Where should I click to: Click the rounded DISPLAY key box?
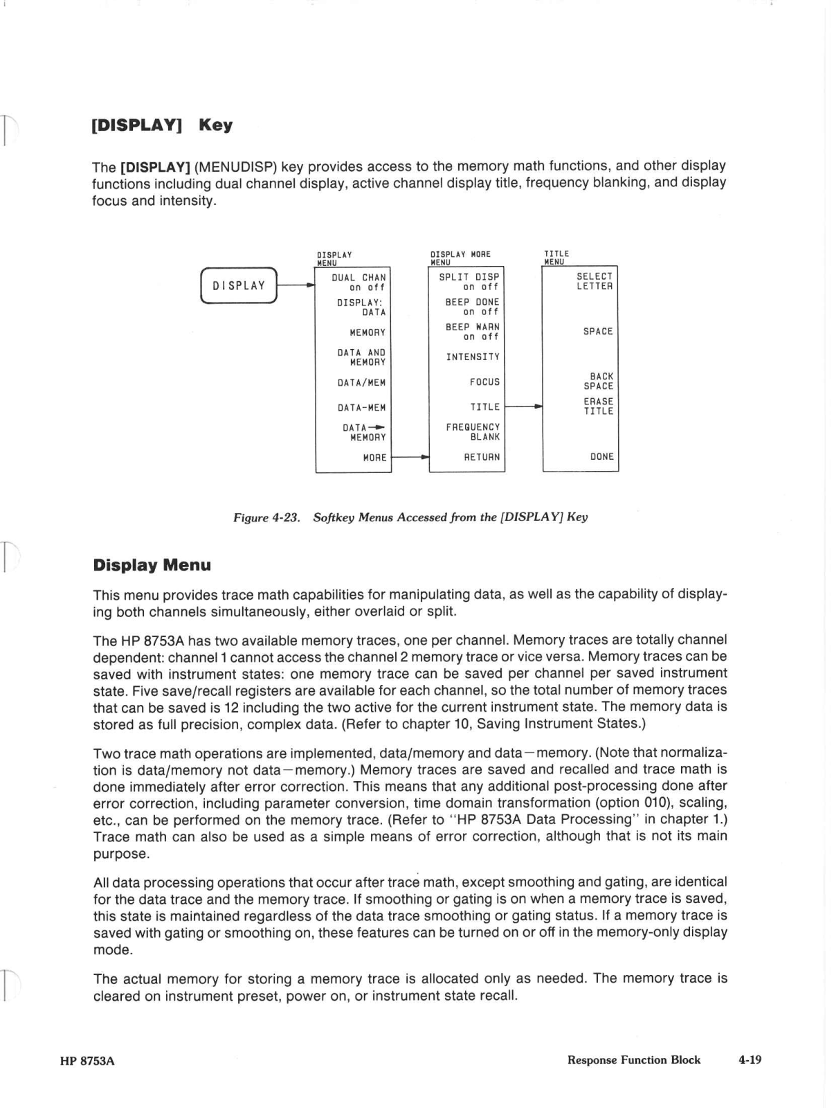239,285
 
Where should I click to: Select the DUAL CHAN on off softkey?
359,283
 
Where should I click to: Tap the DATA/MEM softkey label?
361,383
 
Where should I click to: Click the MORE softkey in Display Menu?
374,458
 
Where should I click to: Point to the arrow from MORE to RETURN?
410,457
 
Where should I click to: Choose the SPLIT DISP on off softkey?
469,282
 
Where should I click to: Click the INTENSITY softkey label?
473,357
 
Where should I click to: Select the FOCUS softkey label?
484,382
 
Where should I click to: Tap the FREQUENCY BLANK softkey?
473,432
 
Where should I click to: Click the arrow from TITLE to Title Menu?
524,407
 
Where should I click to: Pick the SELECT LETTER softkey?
595,281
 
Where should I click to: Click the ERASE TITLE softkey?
598,406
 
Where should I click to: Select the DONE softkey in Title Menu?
601,457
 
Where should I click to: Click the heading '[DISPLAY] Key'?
163,125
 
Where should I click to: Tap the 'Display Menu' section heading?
152,565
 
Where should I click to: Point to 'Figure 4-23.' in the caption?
266,517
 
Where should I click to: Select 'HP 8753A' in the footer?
87,1061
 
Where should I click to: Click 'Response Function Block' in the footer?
633,1060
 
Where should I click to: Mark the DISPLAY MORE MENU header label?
460,258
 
